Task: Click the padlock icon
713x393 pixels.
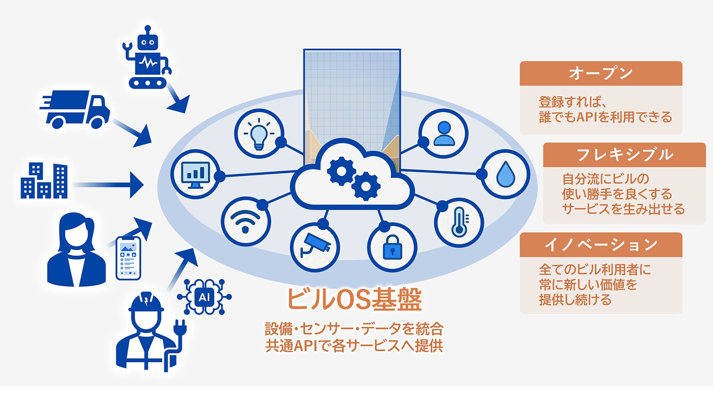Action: pyautogui.click(x=392, y=247)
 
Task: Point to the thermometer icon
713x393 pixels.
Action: pyautogui.click(x=460, y=222)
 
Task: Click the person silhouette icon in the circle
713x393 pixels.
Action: pyautogui.click(x=444, y=134)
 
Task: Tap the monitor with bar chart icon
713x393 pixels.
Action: pyautogui.click(x=196, y=175)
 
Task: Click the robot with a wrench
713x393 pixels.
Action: pyautogui.click(x=147, y=57)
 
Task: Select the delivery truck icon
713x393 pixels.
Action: pyautogui.click(x=75, y=109)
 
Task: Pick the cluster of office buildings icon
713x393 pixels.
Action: pyautogui.click(x=44, y=181)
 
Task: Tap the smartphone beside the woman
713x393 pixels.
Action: pyautogui.click(x=128, y=258)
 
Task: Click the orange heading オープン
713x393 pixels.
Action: pyautogui.click(x=601, y=73)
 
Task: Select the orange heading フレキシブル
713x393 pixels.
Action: pyautogui.click(x=624, y=155)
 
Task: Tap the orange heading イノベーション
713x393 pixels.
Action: pyautogui.click(x=601, y=245)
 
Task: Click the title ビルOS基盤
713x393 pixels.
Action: pyautogui.click(x=354, y=299)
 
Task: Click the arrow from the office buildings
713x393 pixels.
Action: pyautogui.click(x=108, y=185)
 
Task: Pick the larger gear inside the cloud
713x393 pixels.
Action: pyautogui.click(x=341, y=171)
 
